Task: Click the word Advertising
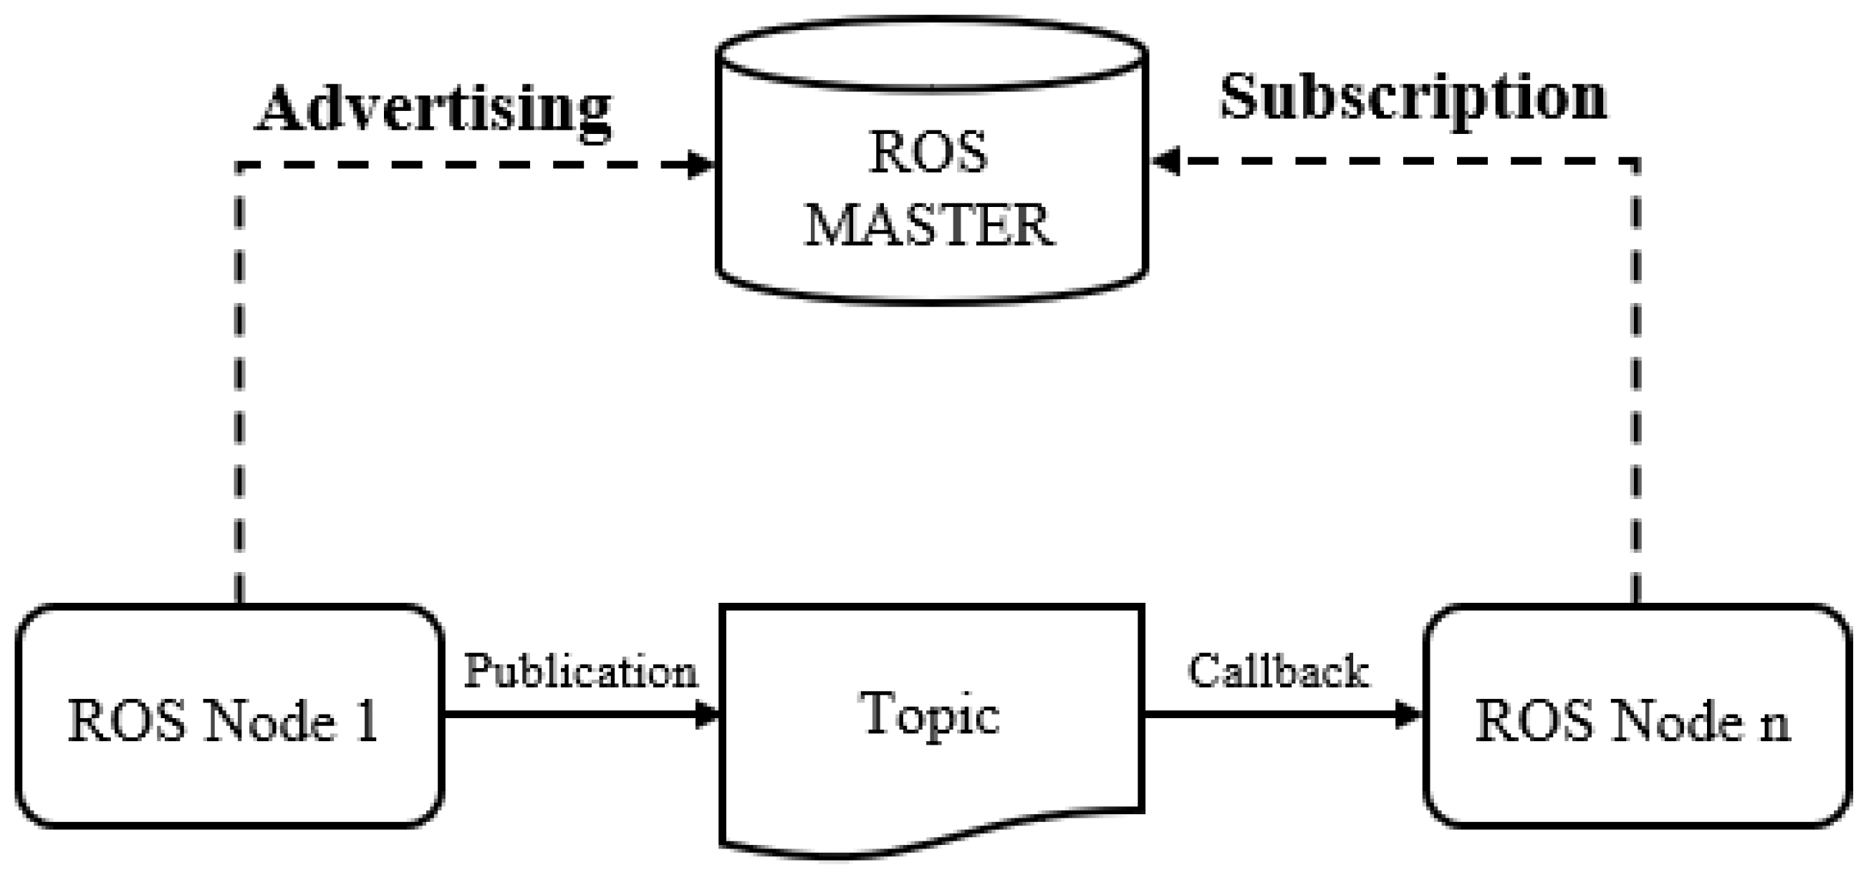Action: click(433, 110)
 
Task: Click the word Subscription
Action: click(1413, 100)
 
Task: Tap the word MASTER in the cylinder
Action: click(929, 226)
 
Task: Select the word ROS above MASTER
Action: click(928, 153)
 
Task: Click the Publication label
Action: click(579, 672)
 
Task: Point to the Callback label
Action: click(1278, 671)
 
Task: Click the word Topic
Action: click(931, 714)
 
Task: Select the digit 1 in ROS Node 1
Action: click(368, 722)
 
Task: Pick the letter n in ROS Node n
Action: click(1775, 724)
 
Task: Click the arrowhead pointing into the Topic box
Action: click(707, 715)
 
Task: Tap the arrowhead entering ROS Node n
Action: click(1408, 715)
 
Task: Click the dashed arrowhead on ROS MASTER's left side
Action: click(701, 165)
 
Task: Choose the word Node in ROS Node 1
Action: click(269, 722)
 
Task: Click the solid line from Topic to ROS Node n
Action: click(1268, 715)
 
